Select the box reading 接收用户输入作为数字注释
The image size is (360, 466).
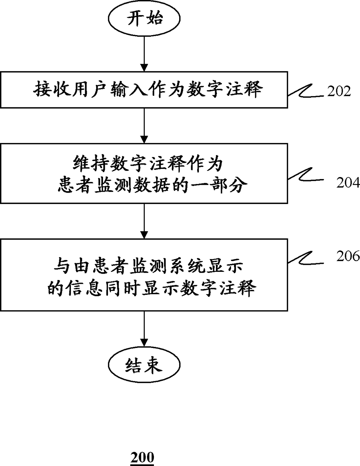144,90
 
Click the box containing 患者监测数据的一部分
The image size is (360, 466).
144,173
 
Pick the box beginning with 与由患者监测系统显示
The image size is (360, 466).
144,275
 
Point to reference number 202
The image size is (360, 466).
339,91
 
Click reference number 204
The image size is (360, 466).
348,183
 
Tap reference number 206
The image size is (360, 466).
348,256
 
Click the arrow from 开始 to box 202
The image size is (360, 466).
144,54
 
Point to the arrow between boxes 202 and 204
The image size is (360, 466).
144,125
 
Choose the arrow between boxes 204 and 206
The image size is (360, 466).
144,221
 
